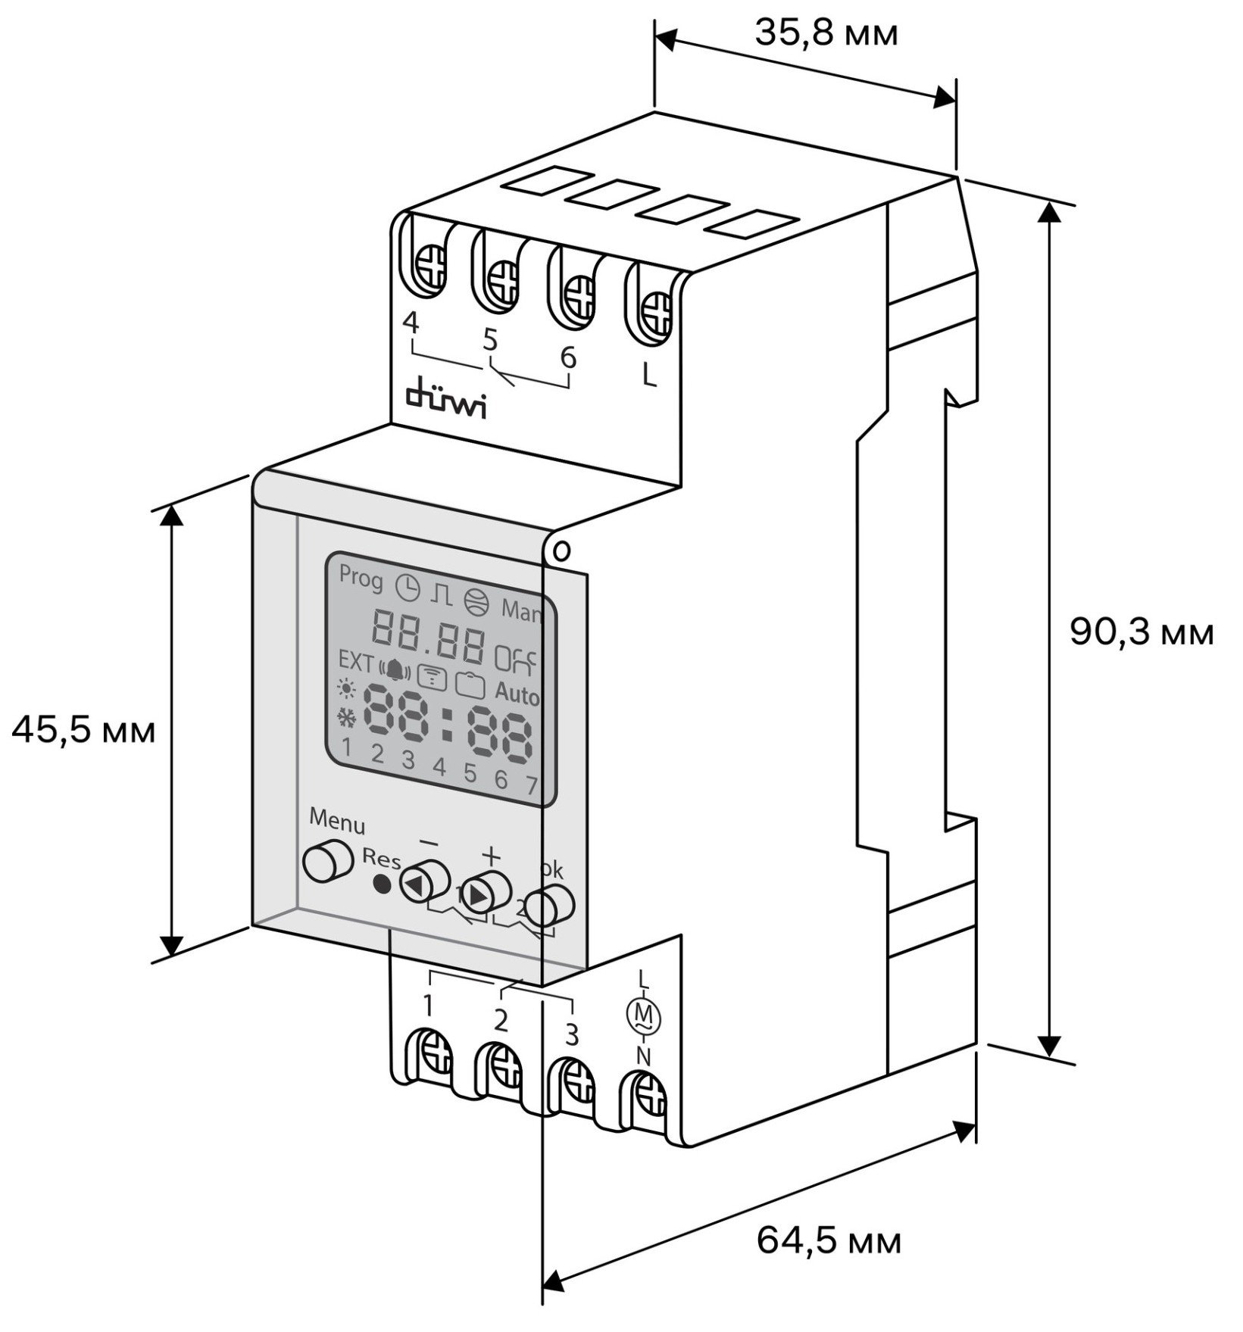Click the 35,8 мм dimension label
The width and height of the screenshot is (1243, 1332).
tap(826, 33)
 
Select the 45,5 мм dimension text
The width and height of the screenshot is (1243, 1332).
tap(83, 732)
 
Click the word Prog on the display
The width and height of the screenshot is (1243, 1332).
tap(361, 578)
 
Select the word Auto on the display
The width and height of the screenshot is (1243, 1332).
tap(517, 694)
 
